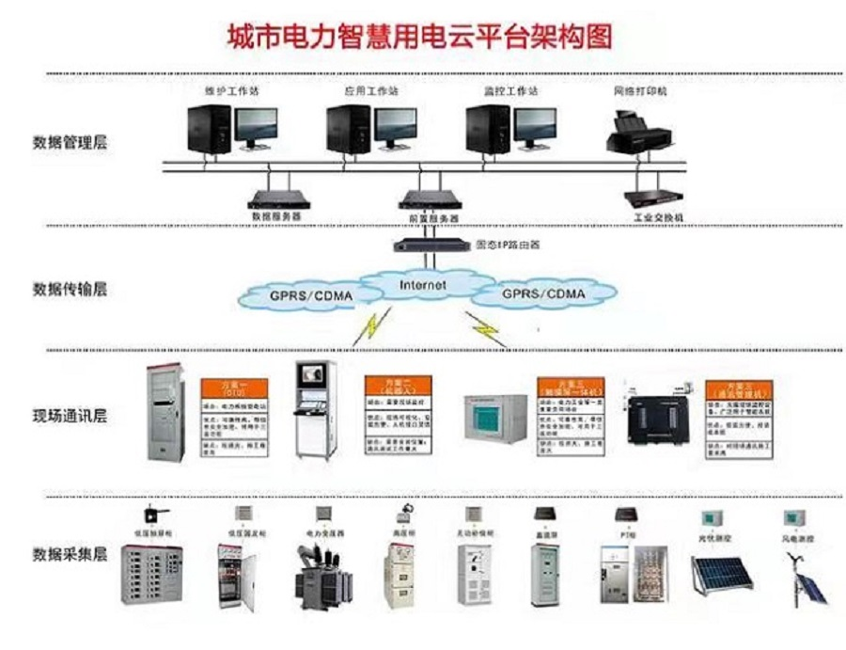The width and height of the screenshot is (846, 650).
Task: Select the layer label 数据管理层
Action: (70, 143)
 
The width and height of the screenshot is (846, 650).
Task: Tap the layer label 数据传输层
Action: (70, 289)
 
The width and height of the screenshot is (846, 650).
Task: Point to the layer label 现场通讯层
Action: (70, 416)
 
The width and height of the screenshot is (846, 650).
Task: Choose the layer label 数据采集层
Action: (70, 553)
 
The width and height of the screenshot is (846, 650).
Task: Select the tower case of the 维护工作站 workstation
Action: (209, 129)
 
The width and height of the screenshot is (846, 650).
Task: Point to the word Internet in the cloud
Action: (423, 284)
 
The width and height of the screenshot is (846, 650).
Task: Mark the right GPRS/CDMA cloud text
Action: (543, 293)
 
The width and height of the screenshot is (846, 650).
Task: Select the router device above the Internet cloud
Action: (430, 245)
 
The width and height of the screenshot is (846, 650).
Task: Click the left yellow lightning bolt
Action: (368, 325)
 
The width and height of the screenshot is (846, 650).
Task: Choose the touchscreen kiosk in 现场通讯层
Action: (313, 409)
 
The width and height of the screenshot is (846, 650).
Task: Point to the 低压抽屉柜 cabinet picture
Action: (150, 575)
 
